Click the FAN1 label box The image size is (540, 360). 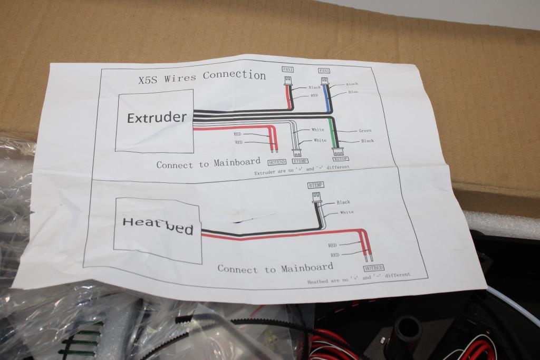click(x=288, y=69)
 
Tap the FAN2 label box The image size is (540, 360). click(x=324, y=71)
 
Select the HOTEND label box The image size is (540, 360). click(x=277, y=162)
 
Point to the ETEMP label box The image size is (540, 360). click(x=300, y=161)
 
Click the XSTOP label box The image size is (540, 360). click(x=341, y=159)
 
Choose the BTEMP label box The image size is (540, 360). click(x=315, y=185)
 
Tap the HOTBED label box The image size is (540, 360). click(x=373, y=268)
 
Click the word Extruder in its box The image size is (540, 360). click(x=157, y=117)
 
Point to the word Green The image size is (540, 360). click(x=365, y=131)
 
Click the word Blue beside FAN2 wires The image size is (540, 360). click(x=353, y=92)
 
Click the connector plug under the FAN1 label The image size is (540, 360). click(x=288, y=80)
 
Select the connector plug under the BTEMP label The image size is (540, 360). click(x=316, y=197)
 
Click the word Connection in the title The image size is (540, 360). click(x=234, y=75)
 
